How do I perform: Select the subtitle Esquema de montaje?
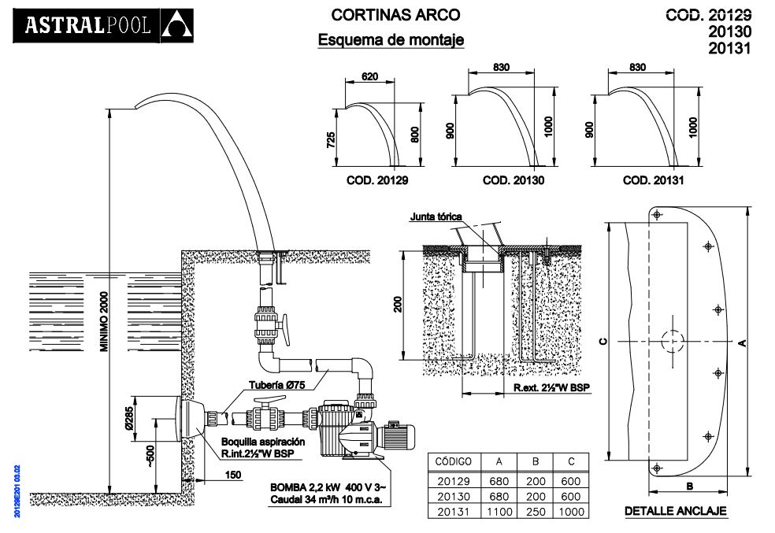(391, 39)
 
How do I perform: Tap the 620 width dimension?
(370, 77)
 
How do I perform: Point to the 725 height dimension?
(332, 139)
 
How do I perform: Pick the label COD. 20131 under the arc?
(652, 180)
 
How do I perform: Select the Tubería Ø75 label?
(277, 385)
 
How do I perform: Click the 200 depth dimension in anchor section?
(399, 304)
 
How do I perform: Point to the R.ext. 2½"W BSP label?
(551, 388)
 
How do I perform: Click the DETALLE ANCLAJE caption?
(675, 511)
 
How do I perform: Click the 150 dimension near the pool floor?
(233, 475)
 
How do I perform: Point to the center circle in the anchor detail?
(673, 341)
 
